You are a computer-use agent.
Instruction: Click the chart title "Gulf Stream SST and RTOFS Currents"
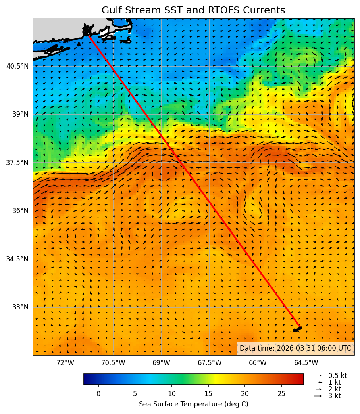193,10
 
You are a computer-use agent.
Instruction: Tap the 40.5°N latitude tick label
17,66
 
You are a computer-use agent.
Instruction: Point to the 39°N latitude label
20,114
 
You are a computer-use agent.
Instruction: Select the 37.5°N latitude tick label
17,163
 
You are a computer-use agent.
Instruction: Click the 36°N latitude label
20,211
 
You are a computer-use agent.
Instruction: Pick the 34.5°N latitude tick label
17,259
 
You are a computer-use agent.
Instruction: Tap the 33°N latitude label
20,307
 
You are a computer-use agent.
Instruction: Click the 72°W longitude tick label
65,363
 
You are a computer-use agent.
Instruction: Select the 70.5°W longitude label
113,363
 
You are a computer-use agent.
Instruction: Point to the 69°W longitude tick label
161,363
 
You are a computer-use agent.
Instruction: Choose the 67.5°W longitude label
210,363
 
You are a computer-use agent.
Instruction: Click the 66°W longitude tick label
258,363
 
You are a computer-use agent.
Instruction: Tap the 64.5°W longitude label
306,363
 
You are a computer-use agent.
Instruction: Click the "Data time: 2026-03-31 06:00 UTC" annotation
295,348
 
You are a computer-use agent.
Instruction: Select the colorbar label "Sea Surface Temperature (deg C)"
193,404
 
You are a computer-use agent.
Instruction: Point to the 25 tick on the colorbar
281,394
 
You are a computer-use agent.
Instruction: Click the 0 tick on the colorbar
98,394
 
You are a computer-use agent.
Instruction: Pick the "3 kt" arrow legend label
334,396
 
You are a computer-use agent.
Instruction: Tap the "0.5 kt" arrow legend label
337,376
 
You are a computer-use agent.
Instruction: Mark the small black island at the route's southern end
297,329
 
